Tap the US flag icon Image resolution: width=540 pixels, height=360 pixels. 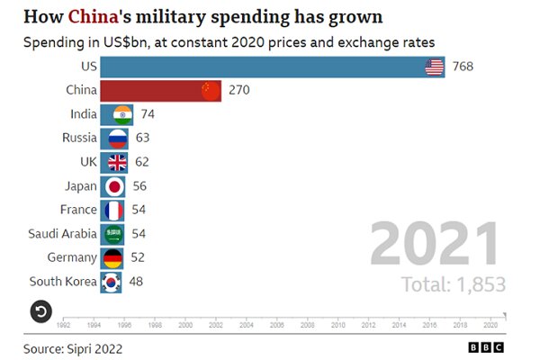434,67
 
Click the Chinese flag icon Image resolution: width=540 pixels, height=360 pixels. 210,90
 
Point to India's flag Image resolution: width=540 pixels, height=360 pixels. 122,114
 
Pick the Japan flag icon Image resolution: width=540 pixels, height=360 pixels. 115,186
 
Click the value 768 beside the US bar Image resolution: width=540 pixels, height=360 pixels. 463,67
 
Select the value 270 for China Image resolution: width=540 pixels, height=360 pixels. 238,90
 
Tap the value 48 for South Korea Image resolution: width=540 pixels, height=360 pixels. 137,282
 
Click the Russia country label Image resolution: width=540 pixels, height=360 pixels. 79,138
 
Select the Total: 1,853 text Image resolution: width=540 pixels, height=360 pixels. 454,284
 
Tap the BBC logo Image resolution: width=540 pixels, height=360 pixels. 485,346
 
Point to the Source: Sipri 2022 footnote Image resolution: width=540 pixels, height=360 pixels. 72,346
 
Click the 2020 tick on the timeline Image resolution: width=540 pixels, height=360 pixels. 490,324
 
